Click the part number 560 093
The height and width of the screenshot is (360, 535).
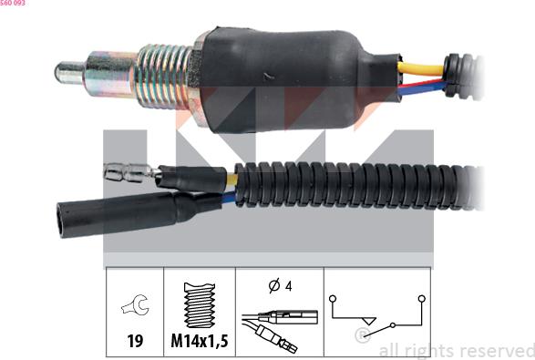(x=13, y=4)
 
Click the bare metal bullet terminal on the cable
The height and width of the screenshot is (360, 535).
(x=124, y=170)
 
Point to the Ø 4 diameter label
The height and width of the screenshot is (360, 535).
(x=278, y=286)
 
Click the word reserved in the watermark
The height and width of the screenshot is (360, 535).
(x=493, y=350)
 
